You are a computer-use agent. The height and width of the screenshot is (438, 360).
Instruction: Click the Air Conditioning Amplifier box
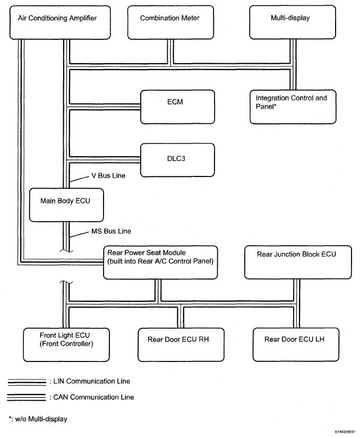(60, 23)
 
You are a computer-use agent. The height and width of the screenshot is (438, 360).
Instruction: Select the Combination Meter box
(170, 23)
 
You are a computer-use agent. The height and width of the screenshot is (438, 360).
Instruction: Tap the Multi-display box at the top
(293, 22)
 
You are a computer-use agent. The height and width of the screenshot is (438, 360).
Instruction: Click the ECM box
(177, 107)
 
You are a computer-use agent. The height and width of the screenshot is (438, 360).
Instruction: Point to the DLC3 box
(177, 160)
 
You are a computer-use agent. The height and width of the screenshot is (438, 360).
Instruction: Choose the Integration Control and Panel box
(293, 107)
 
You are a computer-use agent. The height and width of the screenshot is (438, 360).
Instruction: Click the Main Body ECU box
(66, 205)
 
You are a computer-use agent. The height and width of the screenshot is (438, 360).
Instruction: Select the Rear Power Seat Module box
(160, 263)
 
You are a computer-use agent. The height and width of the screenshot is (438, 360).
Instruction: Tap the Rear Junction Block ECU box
(298, 262)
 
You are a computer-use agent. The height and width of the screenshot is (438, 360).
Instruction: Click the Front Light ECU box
(66, 345)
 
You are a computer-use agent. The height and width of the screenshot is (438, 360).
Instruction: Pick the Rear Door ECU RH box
(181, 345)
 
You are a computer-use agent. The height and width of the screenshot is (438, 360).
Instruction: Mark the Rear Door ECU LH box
(296, 344)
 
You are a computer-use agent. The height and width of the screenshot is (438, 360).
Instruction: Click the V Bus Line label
(108, 176)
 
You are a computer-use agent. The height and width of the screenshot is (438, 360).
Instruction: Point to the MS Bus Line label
(111, 231)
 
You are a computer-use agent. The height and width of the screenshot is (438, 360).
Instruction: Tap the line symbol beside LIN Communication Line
(27, 382)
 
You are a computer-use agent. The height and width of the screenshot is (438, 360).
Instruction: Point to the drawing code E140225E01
(345, 432)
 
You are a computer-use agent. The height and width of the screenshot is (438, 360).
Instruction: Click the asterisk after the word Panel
(275, 105)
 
